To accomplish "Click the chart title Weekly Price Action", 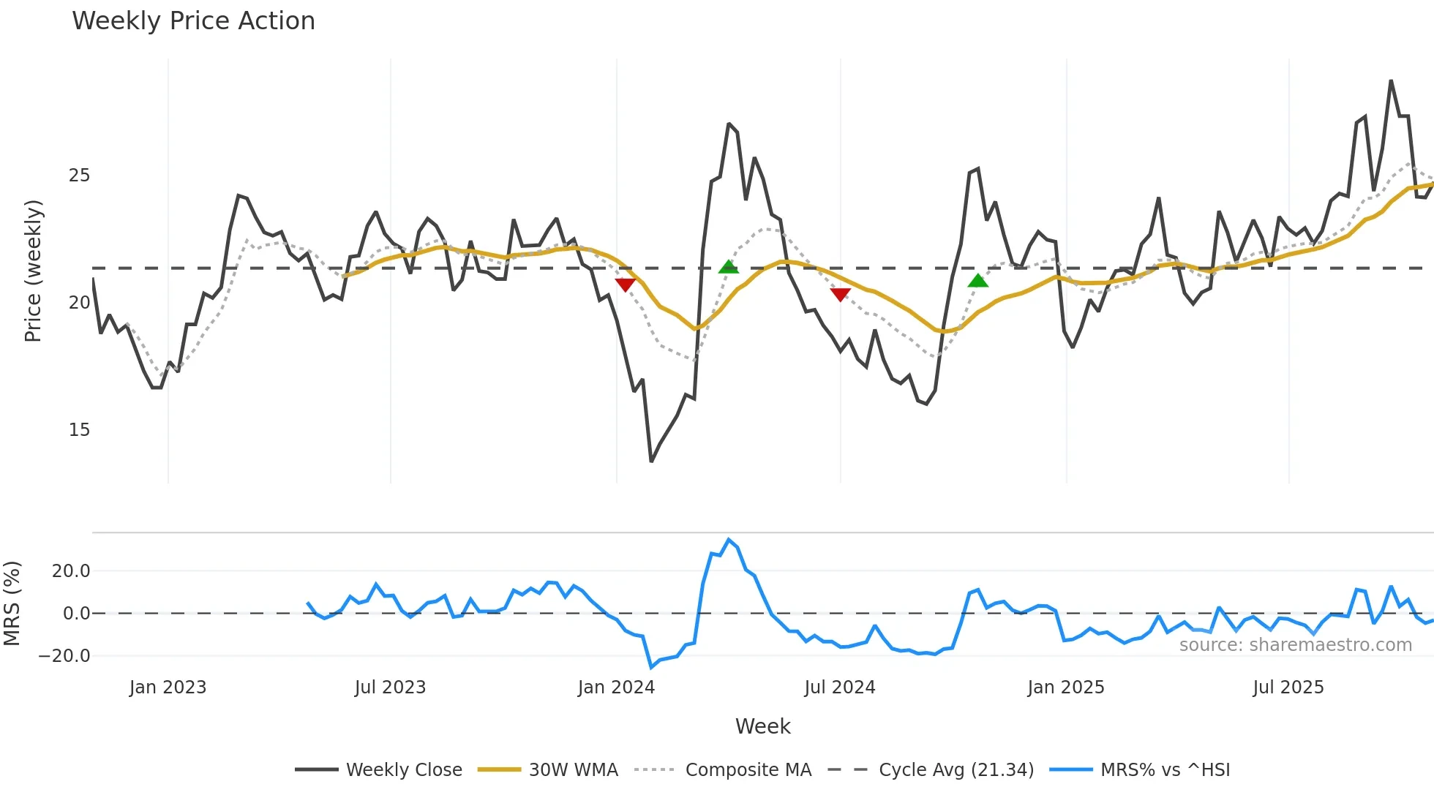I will coord(193,21).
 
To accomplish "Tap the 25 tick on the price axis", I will coord(79,176).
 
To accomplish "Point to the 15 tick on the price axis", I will coord(79,430).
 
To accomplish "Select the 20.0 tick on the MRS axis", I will coord(71,571).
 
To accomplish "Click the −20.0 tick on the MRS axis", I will coord(64,656).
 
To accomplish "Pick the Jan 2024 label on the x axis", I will coord(616,688).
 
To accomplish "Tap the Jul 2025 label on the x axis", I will coord(1288,688).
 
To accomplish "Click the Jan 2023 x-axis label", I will coord(168,688).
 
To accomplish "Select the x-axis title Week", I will coord(762,726).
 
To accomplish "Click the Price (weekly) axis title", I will coord(33,271).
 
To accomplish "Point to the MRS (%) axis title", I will coord(12,603).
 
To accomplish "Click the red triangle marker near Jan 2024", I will coord(625,285).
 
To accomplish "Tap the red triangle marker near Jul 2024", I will coord(841,294).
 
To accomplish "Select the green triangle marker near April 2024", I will coord(728,267).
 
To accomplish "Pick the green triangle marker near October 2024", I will coord(978,281).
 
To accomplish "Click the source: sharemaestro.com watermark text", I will coord(1295,645).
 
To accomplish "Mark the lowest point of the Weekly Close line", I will coord(651,461).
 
